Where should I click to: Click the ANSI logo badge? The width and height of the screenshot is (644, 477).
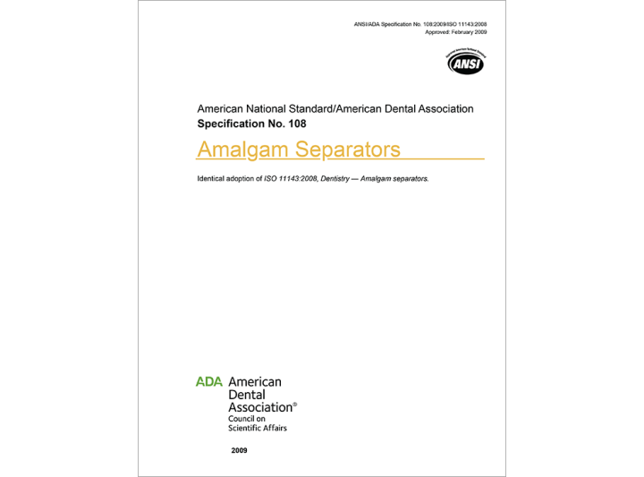click(x=465, y=63)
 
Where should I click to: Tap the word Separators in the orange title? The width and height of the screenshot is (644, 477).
click(x=348, y=149)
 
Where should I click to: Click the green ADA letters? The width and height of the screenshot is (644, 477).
click(x=209, y=381)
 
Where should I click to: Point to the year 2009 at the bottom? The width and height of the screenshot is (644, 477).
click(x=239, y=450)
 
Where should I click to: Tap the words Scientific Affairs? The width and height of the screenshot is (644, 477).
click(x=258, y=428)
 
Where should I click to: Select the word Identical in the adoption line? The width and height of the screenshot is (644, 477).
click(x=214, y=179)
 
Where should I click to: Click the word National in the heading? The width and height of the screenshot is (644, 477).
click(x=273, y=108)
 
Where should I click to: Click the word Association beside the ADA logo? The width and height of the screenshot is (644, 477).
click(x=261, y=407)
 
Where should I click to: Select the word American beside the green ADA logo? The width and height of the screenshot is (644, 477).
click(x=255, y=381)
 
